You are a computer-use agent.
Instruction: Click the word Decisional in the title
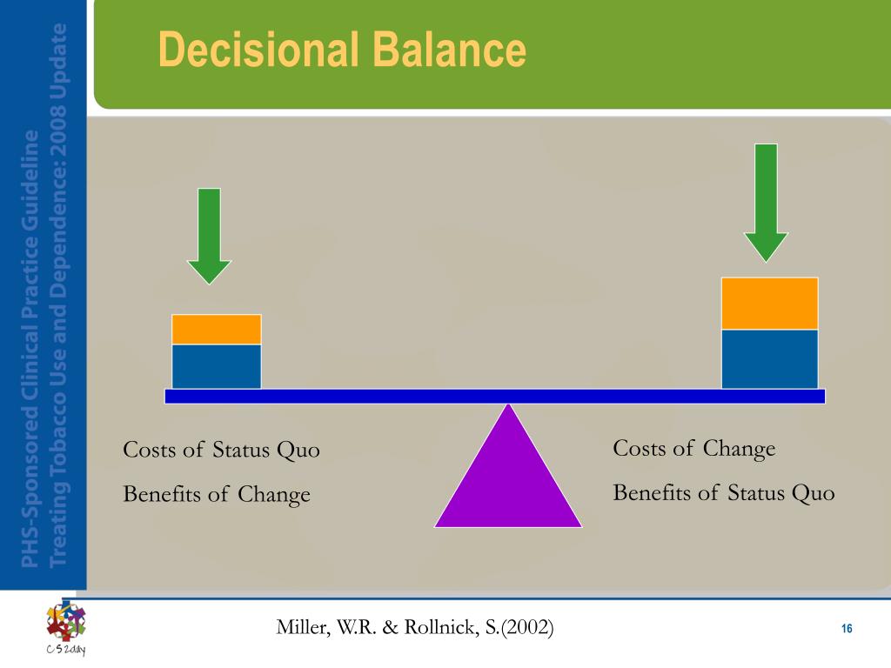[259, 50]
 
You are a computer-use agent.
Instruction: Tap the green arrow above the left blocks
[209, 236]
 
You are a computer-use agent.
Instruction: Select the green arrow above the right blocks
[766, 203]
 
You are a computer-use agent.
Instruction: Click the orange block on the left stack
[217, 329]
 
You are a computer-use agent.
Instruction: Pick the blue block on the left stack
[217, 366]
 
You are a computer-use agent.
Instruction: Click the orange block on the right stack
[770, 304]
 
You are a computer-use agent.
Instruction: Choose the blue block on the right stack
[770, 359]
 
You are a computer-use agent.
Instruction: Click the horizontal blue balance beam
[495, 397]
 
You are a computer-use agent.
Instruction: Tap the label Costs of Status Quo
[222, 450]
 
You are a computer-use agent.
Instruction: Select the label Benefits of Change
[217, 494]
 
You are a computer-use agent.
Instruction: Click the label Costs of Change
[693, 449]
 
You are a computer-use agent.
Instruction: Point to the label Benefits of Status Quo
[723, 492]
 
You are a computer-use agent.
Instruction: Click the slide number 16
[847, 628]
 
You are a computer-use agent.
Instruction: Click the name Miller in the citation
[303, 627]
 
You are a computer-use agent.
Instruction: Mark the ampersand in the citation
[391, 628]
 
